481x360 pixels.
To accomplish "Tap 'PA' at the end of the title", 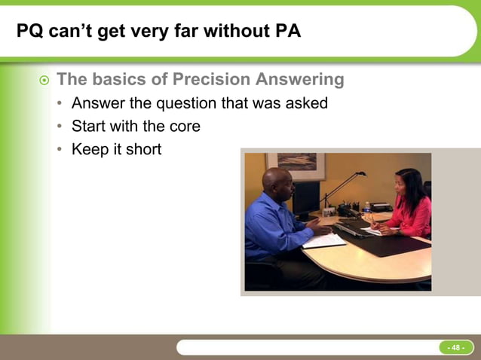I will click(x=286, y=32).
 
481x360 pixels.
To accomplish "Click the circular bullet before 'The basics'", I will click(x=44, y=80).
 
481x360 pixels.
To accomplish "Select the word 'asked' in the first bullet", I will click(x=306, y=103).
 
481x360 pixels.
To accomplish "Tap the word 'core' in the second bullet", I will click(x=184, y=126).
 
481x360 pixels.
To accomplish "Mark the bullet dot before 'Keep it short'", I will click(x=59, y=150).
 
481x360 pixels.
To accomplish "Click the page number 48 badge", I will click(x=455, y=347).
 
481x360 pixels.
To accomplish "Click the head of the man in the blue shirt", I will click(x=276, y=182).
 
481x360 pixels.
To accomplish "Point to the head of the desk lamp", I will click(x=361, y=175).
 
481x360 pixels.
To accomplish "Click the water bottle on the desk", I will click(x=366, y=208).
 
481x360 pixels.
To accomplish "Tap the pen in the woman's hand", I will click(x=371, y=220).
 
